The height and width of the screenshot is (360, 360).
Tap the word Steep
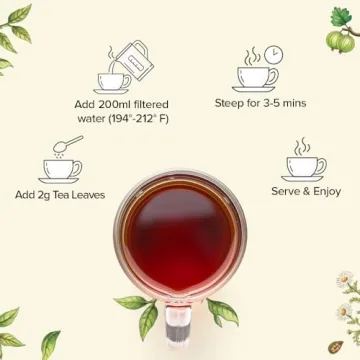[x=232, y=103]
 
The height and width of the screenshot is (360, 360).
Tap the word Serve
[x=284, y=191]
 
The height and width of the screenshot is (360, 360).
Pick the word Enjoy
[x=326, y=191]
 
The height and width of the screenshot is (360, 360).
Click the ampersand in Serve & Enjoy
[x=305, y=191]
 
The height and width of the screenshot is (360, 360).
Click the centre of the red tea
[x=180, y=240]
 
